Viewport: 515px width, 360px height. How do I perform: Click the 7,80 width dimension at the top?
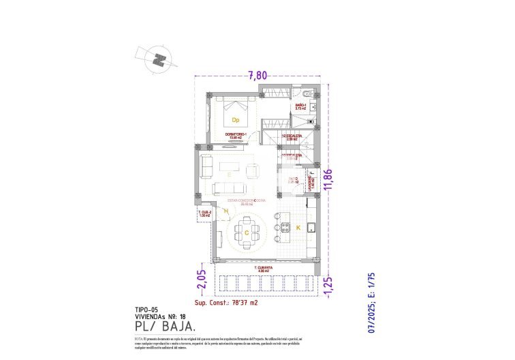(257, 76)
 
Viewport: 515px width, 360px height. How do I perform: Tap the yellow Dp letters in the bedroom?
(236, 120)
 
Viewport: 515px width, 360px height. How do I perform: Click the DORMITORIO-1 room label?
(236, 135)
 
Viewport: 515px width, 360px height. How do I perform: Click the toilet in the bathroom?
(307, 94)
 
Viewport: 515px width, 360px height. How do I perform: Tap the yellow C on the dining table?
(245, 232)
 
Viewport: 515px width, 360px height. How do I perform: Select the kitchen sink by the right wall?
(310, 226)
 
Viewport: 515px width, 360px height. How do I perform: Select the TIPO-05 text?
(147, 309)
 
